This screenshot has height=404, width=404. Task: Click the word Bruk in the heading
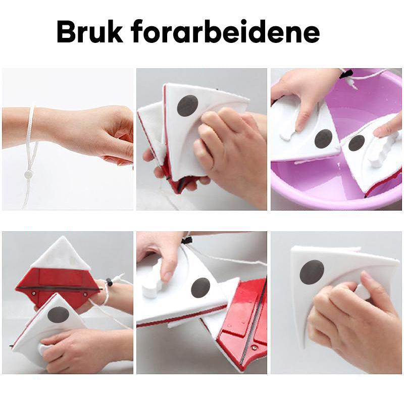click(89, 32)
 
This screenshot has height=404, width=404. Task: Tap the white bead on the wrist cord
click(28, 175)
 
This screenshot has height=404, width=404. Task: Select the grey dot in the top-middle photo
click(188, 106)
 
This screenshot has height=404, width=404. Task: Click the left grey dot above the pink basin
click(323, 138)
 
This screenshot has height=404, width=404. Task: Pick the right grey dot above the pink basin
click(357, 143)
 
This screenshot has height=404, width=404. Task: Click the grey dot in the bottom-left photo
click(59, 315)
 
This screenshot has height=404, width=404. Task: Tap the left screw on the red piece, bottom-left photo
click(34, 293)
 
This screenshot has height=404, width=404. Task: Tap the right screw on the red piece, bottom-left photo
click(84, 294)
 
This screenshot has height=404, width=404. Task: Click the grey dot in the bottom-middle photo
click(200, 287)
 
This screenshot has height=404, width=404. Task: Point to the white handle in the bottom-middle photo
click(153, 280)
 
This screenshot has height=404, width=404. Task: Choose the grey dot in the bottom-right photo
click(312, 272)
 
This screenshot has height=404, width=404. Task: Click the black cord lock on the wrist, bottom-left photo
click(110, 282)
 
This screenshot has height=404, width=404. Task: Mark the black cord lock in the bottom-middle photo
click(187, 240)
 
